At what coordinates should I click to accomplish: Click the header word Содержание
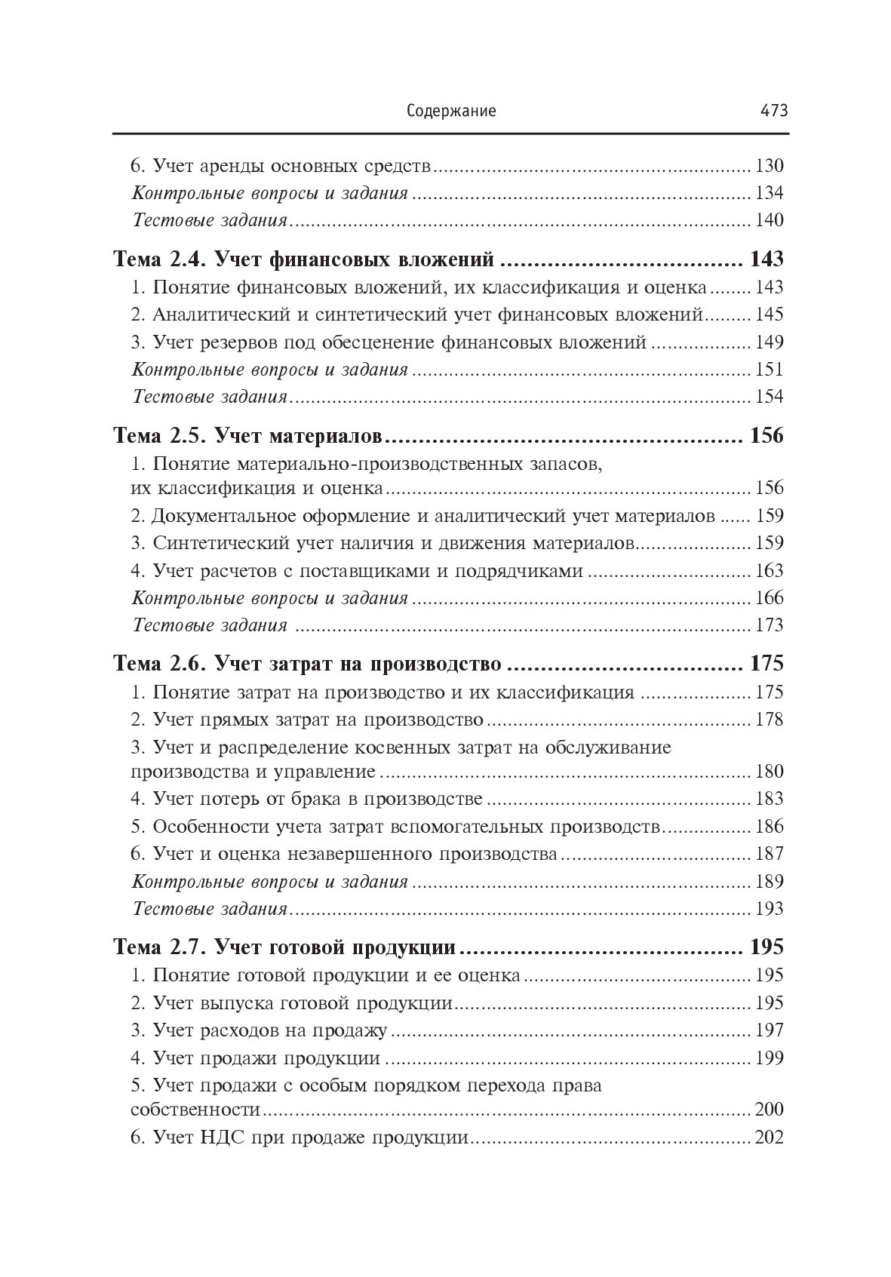tap(451, 111)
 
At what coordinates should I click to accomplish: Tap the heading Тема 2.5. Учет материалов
tap(248, 437)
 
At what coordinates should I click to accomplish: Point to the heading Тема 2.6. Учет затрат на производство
tap(306, 665)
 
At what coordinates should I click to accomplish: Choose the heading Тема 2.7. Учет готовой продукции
tap(283, 947)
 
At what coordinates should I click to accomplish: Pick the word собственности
tap(195, 1110)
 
